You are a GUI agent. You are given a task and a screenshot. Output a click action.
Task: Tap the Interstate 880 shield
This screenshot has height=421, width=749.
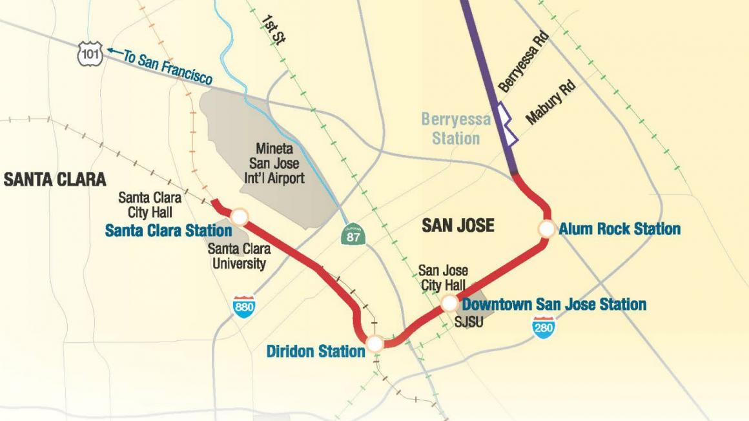click(244, 306)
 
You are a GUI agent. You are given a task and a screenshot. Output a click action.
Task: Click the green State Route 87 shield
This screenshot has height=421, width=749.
click(353, 235)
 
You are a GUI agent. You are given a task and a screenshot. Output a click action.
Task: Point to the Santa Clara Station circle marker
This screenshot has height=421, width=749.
click(240, 216)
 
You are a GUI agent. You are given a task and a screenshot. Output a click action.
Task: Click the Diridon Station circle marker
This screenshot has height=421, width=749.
click(374, 343)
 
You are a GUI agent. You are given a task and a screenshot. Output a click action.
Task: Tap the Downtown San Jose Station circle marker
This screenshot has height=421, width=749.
click(450, 303)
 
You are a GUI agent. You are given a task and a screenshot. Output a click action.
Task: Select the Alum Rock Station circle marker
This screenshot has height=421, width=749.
click(547, 229)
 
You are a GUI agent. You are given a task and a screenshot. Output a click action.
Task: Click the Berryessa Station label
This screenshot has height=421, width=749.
click(456, 128)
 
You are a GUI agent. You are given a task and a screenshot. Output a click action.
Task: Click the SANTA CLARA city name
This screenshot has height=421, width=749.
click(54, 180)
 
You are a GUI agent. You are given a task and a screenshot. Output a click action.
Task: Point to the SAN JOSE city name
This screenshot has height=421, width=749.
click(458, 225)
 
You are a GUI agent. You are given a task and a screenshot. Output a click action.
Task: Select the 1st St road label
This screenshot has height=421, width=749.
click(273, 29)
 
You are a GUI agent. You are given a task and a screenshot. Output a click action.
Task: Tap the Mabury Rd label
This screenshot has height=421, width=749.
click(549, 101)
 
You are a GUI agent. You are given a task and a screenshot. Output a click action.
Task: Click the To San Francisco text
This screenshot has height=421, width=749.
click(168, 68)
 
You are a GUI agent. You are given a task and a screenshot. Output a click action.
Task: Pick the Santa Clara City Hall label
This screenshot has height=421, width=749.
click(150, 205)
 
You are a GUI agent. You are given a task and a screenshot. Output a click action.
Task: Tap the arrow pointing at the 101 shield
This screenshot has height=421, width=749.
click(114, 51)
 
